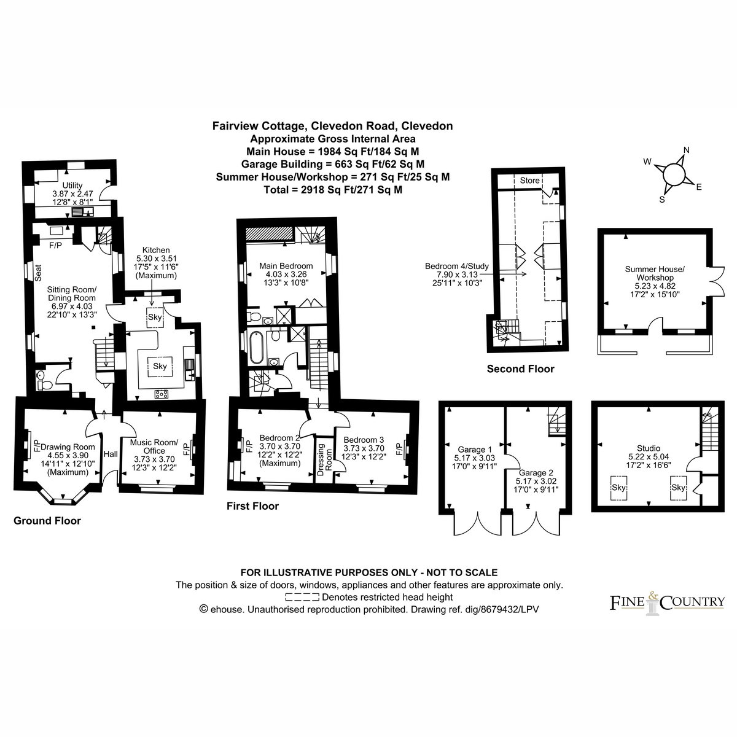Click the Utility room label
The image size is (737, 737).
[72, 185]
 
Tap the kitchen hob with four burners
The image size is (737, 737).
[161, 394]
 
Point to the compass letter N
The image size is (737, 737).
[686, 150]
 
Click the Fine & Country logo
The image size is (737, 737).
[666, 604]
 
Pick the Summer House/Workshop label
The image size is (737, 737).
[654, 273]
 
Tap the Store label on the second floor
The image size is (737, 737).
[529, 180]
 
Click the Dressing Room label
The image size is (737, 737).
[324, 459]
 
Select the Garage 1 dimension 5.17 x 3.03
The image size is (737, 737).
[474, 458]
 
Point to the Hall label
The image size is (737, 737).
[111, 454]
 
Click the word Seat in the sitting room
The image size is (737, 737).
[38, 273]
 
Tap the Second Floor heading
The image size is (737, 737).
[520, 368]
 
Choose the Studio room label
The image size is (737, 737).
[649, 448]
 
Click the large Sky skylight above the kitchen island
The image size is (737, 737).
[160, 366]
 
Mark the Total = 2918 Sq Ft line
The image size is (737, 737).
[333, 190]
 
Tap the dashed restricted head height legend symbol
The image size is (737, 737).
[302, 597]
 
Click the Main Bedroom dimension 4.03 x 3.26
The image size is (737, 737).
[286, 274]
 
